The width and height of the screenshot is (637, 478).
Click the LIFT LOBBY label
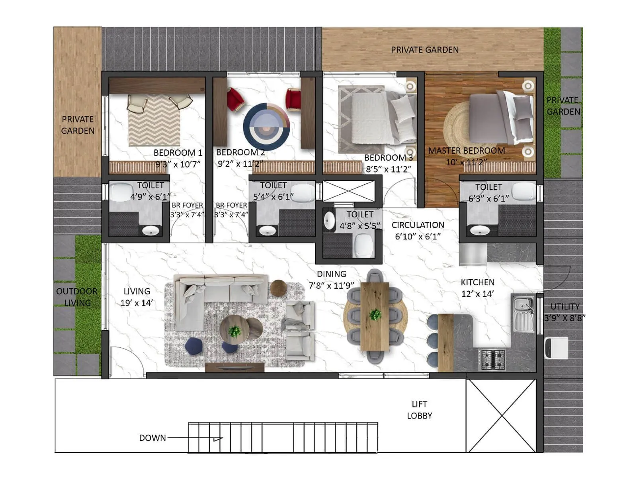click(419, 410)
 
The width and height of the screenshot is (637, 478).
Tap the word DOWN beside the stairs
click(152, 438)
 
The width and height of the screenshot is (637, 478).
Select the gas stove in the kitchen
click(492, 360)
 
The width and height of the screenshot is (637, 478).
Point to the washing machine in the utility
click(556, 348)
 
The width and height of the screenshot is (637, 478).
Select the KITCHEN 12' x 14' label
click(477, 288)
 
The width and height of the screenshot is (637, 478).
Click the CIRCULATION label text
click(418, 225)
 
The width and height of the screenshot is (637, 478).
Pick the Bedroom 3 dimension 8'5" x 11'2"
click(388, 169)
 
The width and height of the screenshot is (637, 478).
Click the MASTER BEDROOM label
click(466, 151)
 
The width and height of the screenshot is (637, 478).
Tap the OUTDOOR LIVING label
click(76, 297)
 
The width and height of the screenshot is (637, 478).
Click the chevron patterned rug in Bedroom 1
click(154, 120)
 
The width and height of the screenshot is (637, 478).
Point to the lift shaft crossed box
click(500, 415)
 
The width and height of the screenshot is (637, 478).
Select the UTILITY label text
click(565, 307)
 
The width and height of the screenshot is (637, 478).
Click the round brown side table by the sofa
click(278, 288)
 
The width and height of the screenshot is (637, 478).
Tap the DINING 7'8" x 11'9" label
click(331, 280)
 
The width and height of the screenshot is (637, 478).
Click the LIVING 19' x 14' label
click(137, 297)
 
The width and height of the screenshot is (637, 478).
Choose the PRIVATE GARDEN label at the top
click(424, 50)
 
